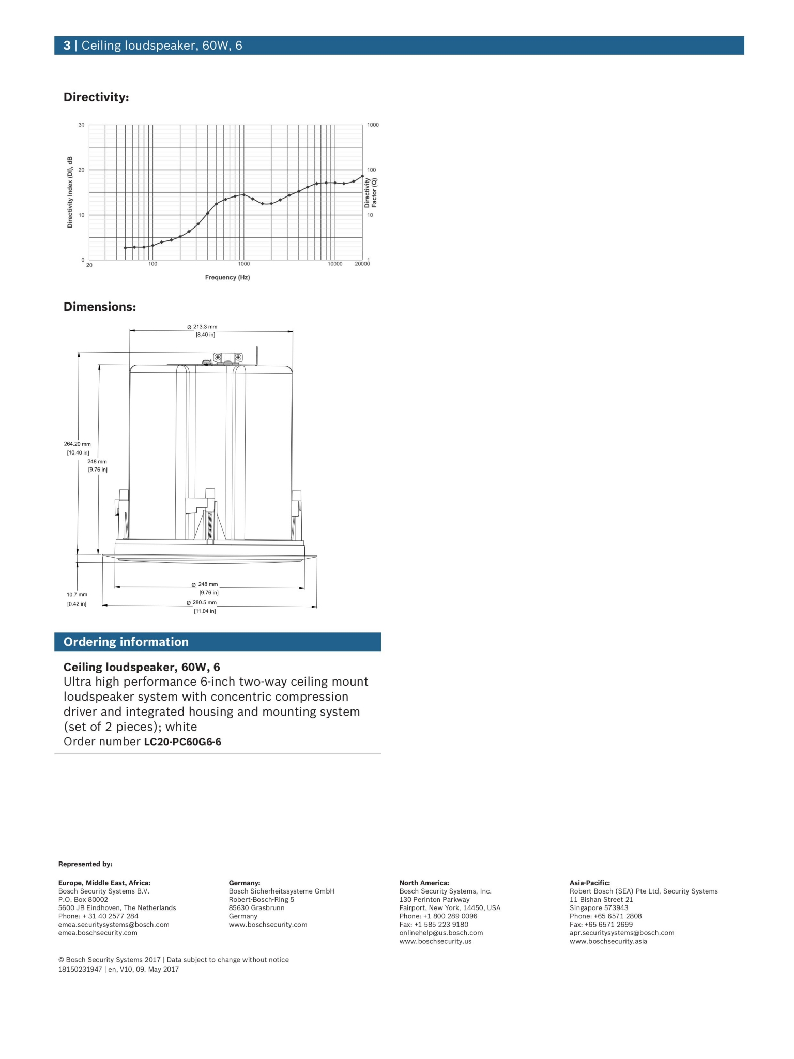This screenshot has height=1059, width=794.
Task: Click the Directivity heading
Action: point(96,97)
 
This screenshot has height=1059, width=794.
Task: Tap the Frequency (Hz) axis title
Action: point(227,278)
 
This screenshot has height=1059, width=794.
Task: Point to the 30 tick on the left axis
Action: point(81,125)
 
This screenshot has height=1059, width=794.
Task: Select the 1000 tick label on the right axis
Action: point(373,125)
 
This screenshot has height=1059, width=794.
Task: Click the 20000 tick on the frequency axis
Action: point(362,264)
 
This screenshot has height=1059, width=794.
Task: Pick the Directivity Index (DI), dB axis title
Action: point(70,192)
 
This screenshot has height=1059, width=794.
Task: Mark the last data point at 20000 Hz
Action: point(362,176)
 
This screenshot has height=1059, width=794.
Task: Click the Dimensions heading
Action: point(100,307)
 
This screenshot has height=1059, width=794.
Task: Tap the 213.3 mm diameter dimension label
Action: point(202,327)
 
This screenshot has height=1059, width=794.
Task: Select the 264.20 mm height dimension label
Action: point(78,444)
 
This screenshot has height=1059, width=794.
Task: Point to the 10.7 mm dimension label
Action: point(77,595)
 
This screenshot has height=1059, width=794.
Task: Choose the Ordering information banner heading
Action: point(126,642)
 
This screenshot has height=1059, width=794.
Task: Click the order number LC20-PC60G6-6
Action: point(182,742)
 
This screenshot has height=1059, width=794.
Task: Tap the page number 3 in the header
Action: point(67,46)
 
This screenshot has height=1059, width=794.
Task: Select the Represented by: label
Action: point(85,864)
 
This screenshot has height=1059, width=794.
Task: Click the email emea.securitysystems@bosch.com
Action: point(114,925)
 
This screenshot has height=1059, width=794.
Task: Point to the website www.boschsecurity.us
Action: point(435,941)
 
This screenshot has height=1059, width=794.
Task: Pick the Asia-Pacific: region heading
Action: point(590,883)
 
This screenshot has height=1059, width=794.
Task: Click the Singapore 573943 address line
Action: point(599,907)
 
